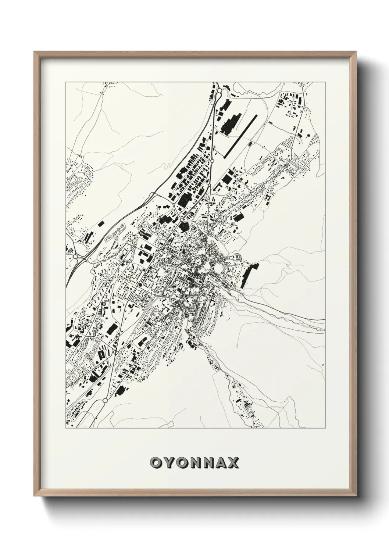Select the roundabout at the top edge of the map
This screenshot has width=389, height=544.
coord(220,90)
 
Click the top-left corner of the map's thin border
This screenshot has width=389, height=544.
coord(66,82)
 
